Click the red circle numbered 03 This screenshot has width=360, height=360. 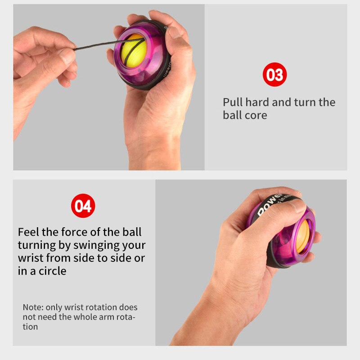274,75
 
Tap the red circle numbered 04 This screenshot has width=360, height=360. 83,206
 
